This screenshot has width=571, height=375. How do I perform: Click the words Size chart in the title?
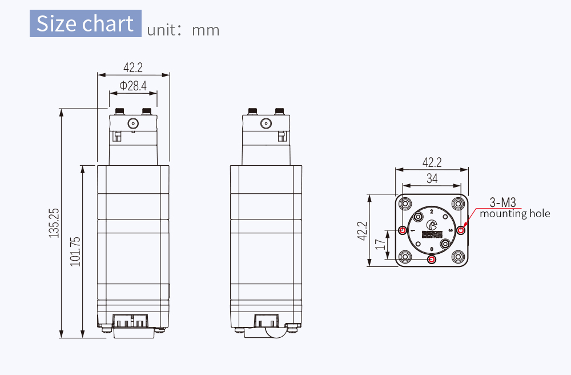[x=85, y=24]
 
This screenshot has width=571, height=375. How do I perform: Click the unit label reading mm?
[x=206, y=30]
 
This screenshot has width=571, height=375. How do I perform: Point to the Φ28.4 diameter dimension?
[x=133, y=86]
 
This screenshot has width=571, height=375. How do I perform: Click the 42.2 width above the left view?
[x=133, y=67]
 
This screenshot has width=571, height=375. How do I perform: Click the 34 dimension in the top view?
[x=432, y=179]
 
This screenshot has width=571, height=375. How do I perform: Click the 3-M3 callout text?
[x=503, y=202]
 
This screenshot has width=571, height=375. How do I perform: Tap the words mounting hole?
[x=514, y=214]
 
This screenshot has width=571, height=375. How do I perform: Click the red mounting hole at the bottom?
[x=432, y=260]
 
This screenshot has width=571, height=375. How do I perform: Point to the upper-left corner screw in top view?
[x=405, y=204]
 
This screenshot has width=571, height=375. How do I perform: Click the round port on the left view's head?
[x=133, y=123]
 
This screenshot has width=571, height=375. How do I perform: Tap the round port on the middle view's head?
[x=266, y=123]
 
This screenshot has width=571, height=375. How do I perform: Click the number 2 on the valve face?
[x=431, y=212]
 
